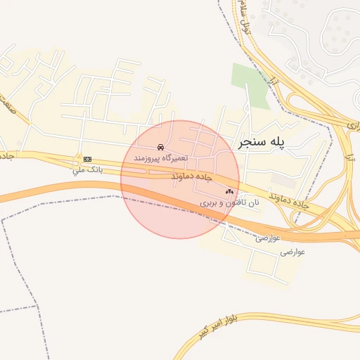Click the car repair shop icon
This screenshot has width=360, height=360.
[x=161, y=148]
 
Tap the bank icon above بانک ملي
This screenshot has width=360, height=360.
[x=87, y=160]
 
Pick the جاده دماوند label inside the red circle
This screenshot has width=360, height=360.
[x=192, y=178]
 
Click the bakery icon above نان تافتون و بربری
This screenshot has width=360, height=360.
[x=230, y=191]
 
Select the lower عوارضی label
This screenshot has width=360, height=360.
[x=292, y=250]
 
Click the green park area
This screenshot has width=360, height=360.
[x=249, y=84]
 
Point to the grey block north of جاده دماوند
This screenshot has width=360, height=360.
[x=285, y=180]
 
